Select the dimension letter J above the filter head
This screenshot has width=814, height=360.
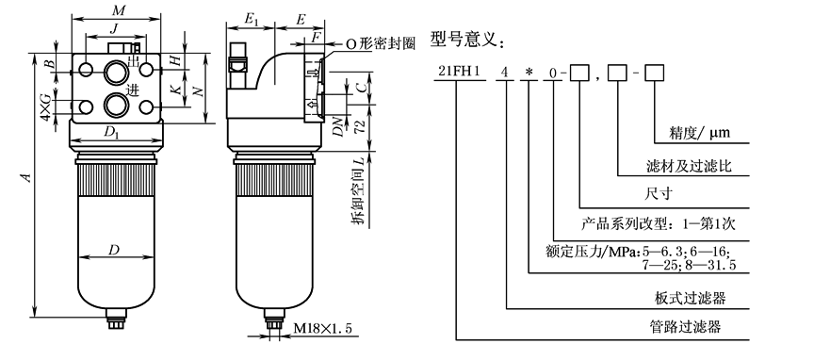click(x=113, y=29)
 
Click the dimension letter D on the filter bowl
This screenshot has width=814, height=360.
click(x=114, y=250)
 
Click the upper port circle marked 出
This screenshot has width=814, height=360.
click(x=115, y=72)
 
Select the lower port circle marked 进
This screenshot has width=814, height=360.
click(x=115, y=105)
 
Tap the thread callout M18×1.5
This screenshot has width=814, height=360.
click(x=322, y=328)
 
